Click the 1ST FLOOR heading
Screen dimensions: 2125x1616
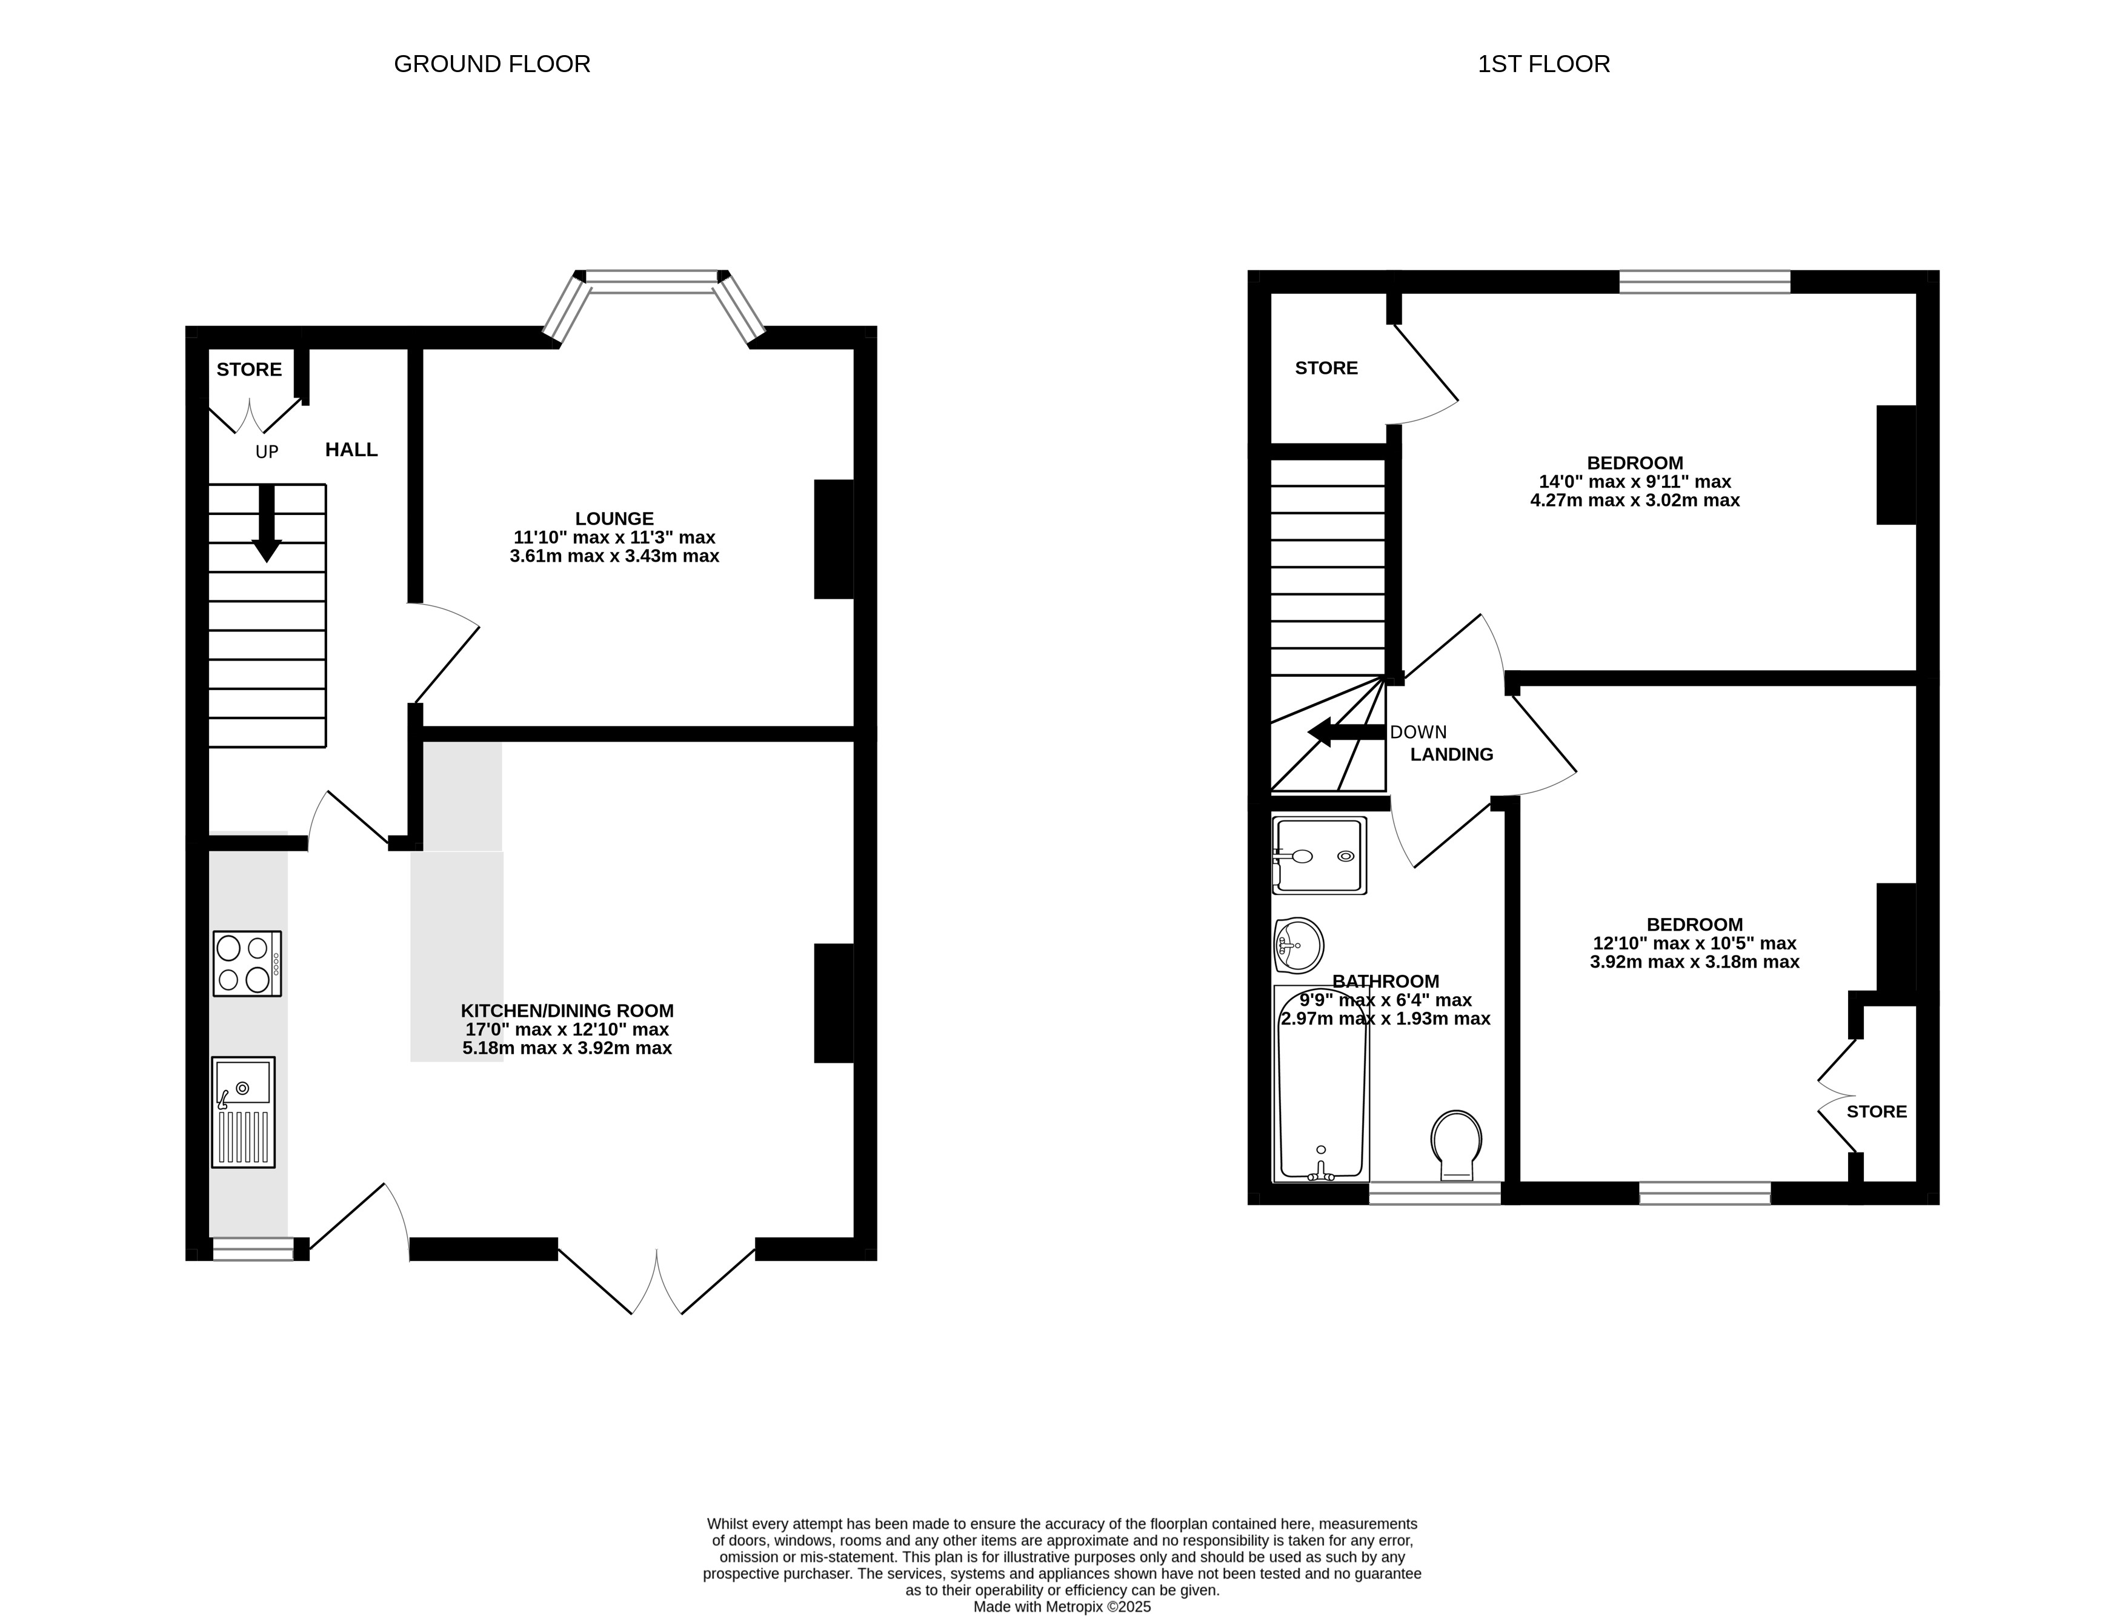click(1544, 64)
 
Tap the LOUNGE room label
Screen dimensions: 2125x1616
click(614, 519)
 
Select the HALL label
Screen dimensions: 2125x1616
click(351, 449)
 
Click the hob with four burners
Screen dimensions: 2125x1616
click(247, 963)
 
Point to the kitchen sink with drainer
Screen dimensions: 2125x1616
click(244, 1112)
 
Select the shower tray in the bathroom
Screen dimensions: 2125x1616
click(1319, 855)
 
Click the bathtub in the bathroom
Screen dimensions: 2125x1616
click(1321, 1083)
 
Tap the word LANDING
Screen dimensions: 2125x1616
click(1452, 755)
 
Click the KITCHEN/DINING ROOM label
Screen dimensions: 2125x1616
click(568, 1011)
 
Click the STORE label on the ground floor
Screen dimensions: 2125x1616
click(249, 370)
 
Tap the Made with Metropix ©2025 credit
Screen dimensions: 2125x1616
click(1062, 1606)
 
